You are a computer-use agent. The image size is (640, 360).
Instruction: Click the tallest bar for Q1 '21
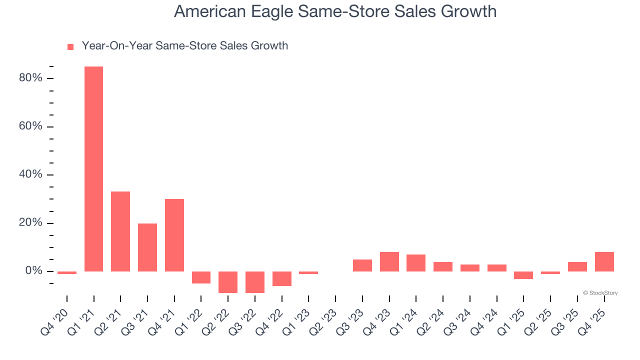click(x=93, y=169)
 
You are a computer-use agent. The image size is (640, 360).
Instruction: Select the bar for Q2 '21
click(x=120, y=231)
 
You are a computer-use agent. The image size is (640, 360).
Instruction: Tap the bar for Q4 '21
click(x=174, y=235)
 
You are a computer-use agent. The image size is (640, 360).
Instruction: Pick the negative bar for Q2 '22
click(x=228, y=282)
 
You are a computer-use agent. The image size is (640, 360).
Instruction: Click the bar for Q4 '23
click(x=389, y=261)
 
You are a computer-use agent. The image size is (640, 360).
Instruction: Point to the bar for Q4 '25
click(x=604, y=261)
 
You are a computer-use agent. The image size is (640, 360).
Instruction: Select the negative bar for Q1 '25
click(x=523, y=275)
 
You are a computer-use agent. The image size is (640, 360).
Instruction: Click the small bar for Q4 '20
click(x=67, y=272)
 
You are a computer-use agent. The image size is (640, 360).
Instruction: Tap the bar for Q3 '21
click(x=147, y=247)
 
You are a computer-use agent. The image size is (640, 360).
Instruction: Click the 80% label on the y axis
click(x=31, y=78)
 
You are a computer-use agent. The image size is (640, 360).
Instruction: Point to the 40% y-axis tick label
click(x=31, y=175)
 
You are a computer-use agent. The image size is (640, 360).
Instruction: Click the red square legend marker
click(x=70, y=46)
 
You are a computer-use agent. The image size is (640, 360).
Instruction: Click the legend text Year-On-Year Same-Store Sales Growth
click(x=184, y=46)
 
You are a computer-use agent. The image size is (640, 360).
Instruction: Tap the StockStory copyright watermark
click(x=600, y=293)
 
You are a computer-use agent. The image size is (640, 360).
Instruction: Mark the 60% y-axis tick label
click(x=31, y=126)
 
